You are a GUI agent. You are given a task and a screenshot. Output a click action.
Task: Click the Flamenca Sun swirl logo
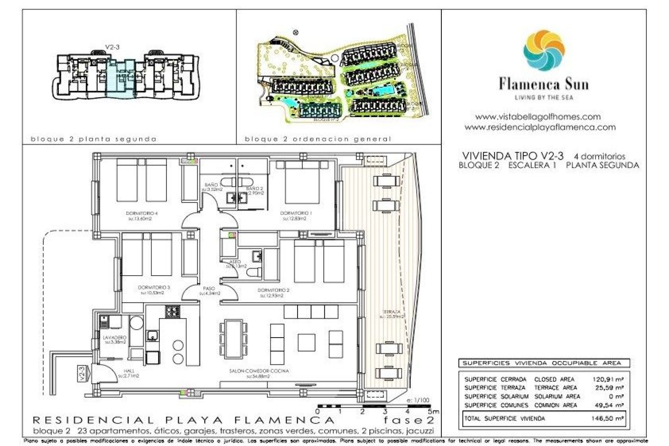(544, 51)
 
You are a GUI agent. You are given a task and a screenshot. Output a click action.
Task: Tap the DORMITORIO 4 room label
(140, 213)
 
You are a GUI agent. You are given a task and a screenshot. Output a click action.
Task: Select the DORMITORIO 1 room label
(296, 213)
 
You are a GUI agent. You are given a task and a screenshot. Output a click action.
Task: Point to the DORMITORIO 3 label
(154, 288)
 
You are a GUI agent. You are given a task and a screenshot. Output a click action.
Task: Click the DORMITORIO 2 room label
(274, 290)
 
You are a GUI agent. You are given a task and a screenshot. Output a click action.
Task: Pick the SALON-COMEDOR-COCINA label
(259, 371)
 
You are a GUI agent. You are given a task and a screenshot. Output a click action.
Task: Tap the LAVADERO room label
(115, 338)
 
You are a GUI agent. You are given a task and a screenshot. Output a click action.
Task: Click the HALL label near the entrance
(129, 371)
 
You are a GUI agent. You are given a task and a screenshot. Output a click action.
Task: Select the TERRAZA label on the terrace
(391, 312)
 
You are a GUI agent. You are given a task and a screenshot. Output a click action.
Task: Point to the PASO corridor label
(209, 289)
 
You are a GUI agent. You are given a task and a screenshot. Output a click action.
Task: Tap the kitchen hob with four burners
(173, 311)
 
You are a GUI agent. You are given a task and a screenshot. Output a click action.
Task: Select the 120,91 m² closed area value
(608, 379)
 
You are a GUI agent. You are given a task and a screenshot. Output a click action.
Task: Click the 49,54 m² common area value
(609, 405)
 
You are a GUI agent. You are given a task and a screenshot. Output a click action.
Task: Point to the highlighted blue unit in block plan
(120, 78)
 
